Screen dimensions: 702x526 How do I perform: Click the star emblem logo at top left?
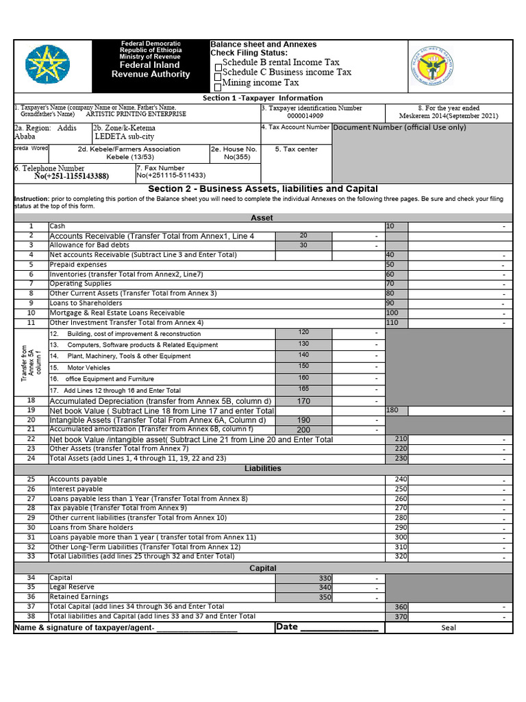click(47, 65)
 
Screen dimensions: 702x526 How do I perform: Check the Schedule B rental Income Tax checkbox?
click(218, 67)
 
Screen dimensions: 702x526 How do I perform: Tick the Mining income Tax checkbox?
click(218, 87)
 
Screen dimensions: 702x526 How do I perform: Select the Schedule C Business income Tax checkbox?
click(218, 77)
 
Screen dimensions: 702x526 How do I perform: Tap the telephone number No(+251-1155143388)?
click(71, 176)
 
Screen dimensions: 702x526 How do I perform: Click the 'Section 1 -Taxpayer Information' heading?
click(262, 98)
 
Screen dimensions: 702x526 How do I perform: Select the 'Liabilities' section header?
click(262, 468)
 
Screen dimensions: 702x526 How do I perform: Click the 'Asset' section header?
click(262, 217)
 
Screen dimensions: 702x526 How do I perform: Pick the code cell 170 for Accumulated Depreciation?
click(303, 401)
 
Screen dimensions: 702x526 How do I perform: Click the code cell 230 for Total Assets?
click(401, 459)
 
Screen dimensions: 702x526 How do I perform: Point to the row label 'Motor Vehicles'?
click(88, 367)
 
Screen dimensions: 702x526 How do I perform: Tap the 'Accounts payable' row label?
click(78, 479)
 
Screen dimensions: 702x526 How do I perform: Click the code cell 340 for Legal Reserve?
click(325, 588)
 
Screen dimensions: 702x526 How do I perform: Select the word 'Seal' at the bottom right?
click(448, 627)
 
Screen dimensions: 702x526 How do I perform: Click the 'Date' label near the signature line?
click(286, 627)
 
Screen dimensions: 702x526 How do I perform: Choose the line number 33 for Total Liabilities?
click(31, 556)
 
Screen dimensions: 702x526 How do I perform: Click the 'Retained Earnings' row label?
click(79, 597)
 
